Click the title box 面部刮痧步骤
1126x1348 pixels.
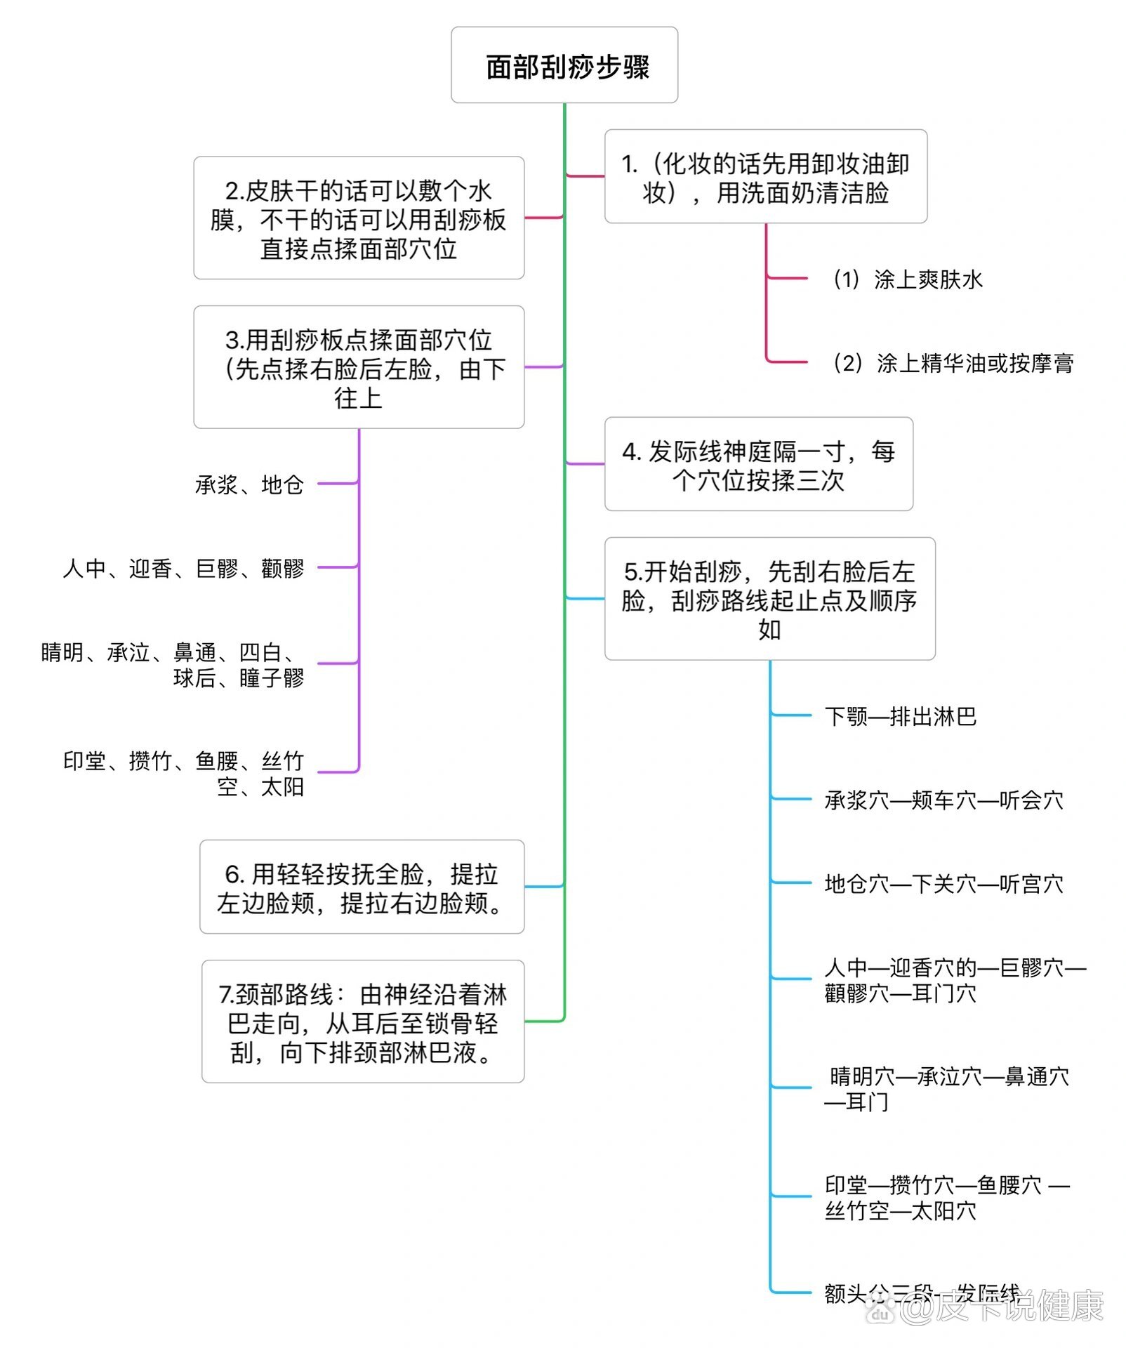coord(564,65)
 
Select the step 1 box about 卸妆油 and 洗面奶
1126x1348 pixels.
coord(765,177)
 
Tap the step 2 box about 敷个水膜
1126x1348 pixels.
coord(359,218)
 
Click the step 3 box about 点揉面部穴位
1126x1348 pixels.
coord(359,367)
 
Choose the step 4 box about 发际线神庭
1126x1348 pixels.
coord(758,464)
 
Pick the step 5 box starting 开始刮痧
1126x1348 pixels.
coord(769,599)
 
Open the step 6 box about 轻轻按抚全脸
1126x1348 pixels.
coord(362,887)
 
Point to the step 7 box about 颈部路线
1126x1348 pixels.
coord(362,1022)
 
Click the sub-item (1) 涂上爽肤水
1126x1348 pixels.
coord(907,279)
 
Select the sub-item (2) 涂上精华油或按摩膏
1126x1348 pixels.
coord(953,363)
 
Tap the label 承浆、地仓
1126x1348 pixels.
coord(249,484)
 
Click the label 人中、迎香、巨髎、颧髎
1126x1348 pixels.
coord(183,568)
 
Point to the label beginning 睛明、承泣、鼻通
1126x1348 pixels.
coord(173,664)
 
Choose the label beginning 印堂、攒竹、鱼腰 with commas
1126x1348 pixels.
coord(184,773)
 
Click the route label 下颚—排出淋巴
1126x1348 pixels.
coord(900,716)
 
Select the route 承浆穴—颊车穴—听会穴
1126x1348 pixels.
coord(943,800)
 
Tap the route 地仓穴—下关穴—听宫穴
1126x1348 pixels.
coord(943,883)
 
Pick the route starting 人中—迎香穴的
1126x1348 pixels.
coord(955,980)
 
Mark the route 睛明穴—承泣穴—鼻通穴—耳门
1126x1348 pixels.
coord(946,1088)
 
